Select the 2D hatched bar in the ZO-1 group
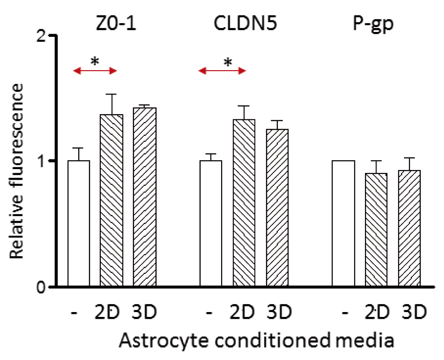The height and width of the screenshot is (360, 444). (x=111, y=200)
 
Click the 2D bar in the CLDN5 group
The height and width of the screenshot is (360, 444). (x=244, y=203)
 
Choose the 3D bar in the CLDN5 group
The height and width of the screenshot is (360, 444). (x=277, y=208)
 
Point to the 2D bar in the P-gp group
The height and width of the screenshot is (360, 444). (x=376, y=229)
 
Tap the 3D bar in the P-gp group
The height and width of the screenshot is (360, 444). (x=409, y=228)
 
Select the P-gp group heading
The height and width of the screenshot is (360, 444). (x=374, y=22)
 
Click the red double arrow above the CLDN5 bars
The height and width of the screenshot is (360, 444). (x=222, y=71)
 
